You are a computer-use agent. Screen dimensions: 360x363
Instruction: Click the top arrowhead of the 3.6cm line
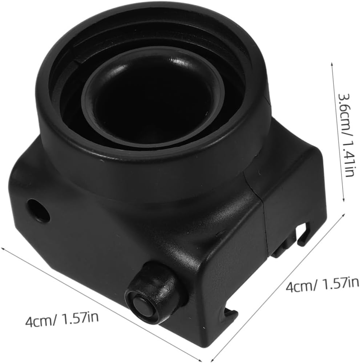tap(332, 64)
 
